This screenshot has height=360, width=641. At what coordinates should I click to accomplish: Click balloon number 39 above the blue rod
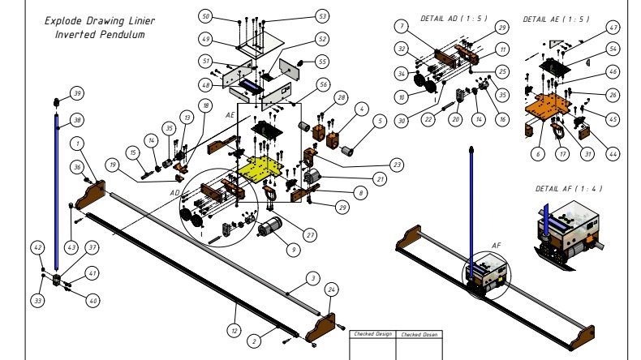pyautogui.click(x=77, y=92)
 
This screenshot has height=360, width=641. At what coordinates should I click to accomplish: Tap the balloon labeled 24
pyautogui.click(x=331, y=289)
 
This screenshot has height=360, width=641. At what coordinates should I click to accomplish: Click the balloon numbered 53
pyautogui.click(x=299, y=16)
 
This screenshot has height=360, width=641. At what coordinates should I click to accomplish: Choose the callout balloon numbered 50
pyautogui.click(x=205, y=16)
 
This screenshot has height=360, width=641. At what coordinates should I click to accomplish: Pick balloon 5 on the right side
pyautogui.click(x=378, y=122)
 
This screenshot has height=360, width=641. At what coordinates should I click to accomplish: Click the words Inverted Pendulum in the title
pyautogui.click(x=100, y=35)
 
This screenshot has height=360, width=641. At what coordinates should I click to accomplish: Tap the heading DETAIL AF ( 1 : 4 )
pyautogui.click(x=569, y=188)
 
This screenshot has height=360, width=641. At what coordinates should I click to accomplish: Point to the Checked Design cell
pyautogui.click(x=372, y=334)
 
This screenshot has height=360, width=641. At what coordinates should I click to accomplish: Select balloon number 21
pyautogui.click(x=380, y=178)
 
